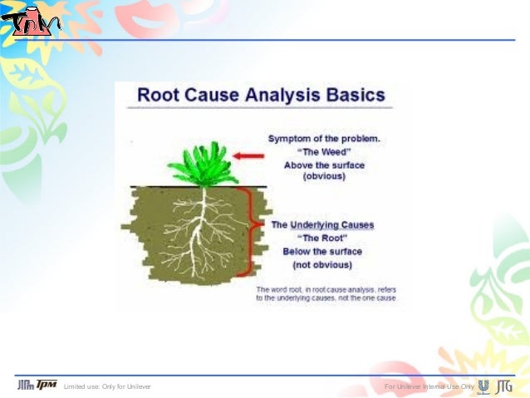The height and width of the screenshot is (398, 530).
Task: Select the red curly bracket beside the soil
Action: (246, 231)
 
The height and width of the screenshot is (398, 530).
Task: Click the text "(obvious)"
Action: (324, 177)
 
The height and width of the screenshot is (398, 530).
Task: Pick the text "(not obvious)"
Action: (322, 264)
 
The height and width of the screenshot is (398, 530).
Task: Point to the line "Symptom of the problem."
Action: (324, 138)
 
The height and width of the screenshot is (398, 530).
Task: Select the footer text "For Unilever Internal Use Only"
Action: (429, 387)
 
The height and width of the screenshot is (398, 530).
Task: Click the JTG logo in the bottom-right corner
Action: (503, 386)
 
